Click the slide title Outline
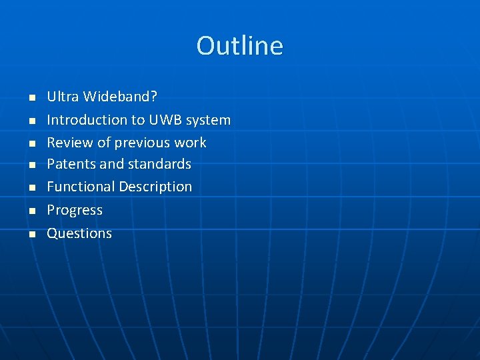[239, 45]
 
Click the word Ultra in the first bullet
[63, 97]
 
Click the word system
[208, 120]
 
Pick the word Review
[69, 143]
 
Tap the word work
[190, 143]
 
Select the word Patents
[71, 164]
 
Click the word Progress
[75, 210]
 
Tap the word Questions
[79, 233]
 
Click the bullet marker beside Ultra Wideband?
[31, 98]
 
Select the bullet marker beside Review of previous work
[31, 143]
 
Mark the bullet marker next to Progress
[31, 211]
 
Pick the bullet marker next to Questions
[31, 234]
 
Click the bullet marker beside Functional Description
[31, 188]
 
